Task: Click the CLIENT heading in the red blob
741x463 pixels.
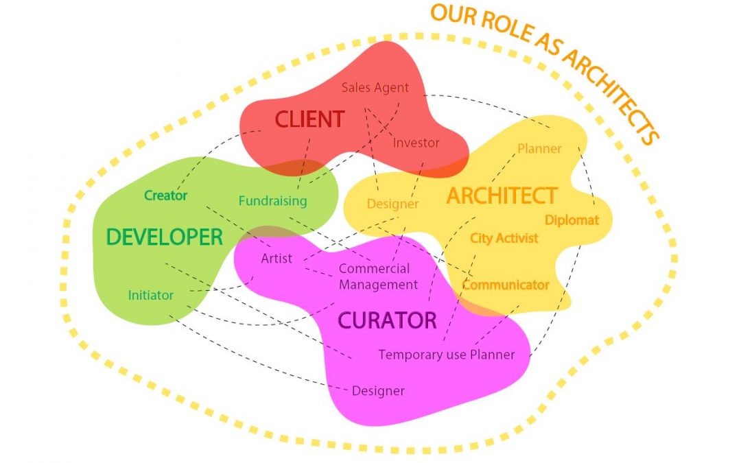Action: [x=309, y=119]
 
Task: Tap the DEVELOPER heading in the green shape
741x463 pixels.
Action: [x=165, y=237]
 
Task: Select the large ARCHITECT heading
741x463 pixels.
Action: [x=502, y=195]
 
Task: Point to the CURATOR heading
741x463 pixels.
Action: [x=387, y=320]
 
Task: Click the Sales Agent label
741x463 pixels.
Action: [x=375, y=88]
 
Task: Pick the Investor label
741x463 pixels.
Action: [x=416, y=143]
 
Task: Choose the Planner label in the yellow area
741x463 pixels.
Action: [x=539, y=149]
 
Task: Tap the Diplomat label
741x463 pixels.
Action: [x=572, y=220]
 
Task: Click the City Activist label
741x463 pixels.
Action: [x=504, y=238]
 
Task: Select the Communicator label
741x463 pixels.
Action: [x=506, y=285]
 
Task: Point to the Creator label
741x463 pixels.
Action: [x=165, y=195]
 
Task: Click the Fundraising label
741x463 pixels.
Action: [x=272, y=201]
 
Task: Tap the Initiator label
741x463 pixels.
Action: [x=151, y=296]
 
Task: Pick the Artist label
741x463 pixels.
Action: [x=277, y=259]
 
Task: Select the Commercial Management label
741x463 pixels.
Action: [x=377, y=276]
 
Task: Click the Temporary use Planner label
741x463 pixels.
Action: [x=446, y=355]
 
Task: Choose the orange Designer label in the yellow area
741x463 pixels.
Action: [x=392, y=204]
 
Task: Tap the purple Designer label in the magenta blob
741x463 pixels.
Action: [x=378, y=391]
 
